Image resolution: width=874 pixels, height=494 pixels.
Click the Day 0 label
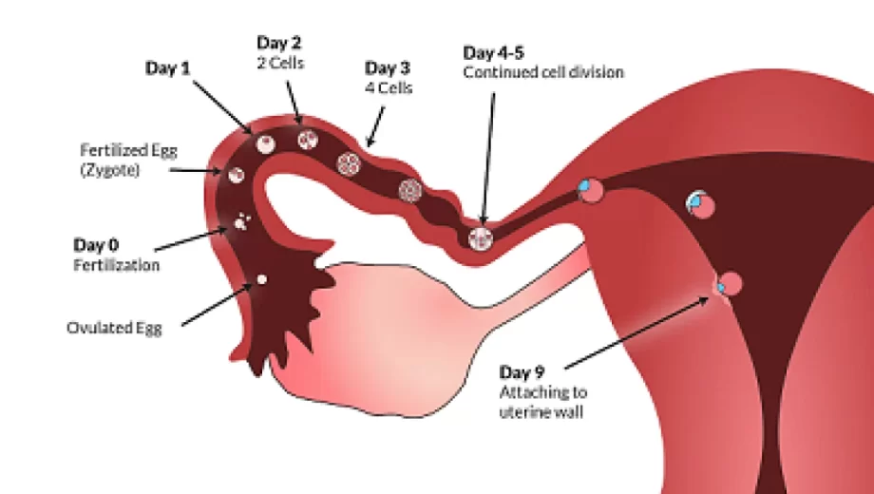pyautogui.click(x=96, y=245)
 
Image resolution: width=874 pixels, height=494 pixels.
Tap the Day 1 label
pyautogui.click(x=168, y=68)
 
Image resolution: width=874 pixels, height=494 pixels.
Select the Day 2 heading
pyautogui.click(x=278, y=43)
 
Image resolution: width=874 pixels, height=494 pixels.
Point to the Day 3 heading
pyautogui.click(x=388, y=68)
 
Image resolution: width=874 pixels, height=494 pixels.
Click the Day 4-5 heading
pyautogui.click(x=493, y=53)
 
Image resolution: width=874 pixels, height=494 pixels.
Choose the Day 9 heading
pyautogui.click(x=522, y=371)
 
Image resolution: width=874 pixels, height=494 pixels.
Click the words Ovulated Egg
pyautogui.click(x=114, y=328)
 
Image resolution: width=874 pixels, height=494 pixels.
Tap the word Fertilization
pyautogui.click(x=117, y=265)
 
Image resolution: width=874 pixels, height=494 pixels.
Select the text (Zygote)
pyautogui.click(x=110, y=170)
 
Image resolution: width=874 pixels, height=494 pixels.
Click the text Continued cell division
pyautogui.click(x=543, y=72)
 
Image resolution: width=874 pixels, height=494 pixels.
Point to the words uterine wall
pyautogui.click(x=541, y=412)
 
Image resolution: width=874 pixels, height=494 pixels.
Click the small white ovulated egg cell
pyautogui.click(x=261, y=279)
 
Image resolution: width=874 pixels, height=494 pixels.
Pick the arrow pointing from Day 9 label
pyautogui.click(x=636, y=332)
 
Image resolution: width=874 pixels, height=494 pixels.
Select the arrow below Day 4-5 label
pyautogui.click(x=488, y=159)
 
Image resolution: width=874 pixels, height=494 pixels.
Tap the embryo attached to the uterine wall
pyautogui.click(x=728, y=285)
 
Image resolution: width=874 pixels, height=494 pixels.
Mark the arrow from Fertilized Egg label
pyautogui.click(x=196, y=170)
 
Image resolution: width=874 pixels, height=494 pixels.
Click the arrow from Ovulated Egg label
pyautogui.click(x=217, y=304)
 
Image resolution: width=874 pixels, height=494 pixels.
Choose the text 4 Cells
pyautogui.click(x=389, y=88)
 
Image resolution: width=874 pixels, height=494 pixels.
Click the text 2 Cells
pyautogui.click(x=280, y=63)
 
